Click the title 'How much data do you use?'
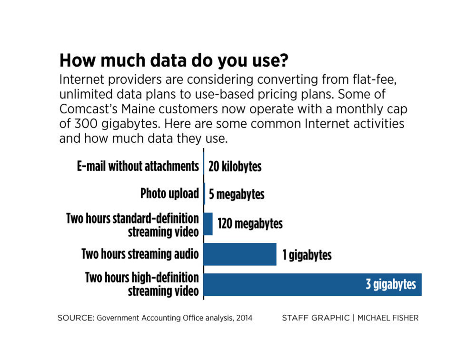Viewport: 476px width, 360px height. click(174, 61)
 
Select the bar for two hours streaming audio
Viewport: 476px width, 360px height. click(239, 254)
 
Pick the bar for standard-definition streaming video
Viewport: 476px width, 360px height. click(208, 224)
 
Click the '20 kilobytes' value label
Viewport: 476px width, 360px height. click(235, 167)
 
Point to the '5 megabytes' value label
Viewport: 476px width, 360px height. click(237, 195)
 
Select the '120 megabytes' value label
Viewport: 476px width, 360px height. click(250, 223)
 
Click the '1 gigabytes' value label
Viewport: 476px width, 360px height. click(307, 255)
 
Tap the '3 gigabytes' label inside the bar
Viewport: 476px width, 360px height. click(390, 285)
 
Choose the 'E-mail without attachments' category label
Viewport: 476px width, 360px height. click(138, 166)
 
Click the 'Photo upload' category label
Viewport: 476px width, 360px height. click(169, 194)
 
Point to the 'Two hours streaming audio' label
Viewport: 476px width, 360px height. click(140, 254)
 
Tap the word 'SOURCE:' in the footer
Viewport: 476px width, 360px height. click(76, 318)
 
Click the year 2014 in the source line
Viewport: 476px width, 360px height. click(243, 318)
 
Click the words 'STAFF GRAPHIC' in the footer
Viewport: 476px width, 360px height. click(315, 318)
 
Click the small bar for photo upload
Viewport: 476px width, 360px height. click(205, 194)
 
